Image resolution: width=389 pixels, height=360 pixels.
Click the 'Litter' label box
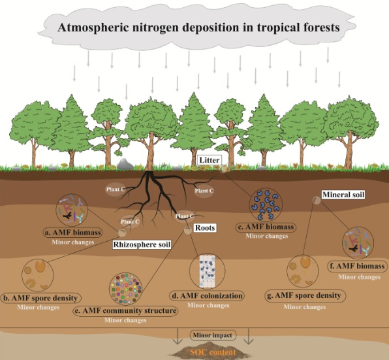click(x=209, y=160)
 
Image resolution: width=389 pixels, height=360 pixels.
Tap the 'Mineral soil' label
click(x=343, y=195)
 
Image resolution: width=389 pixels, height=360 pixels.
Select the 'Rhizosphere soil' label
click(x=142, y=244)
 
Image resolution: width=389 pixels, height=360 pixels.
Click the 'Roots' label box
click(x=205, y=227)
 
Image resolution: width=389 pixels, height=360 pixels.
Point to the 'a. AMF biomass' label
click(x=72, y=233)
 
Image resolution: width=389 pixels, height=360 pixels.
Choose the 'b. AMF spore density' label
click(x=41, y=298)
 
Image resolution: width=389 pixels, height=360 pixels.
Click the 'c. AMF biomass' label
click(x=266, y=227)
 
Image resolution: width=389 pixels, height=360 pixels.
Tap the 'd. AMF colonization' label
click(x=208, y=296)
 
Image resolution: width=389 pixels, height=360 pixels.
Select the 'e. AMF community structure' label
click(x=125, y=310)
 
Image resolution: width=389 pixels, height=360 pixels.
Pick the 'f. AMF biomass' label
click(x=358, y=266)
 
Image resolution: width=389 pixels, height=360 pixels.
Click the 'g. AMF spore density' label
click(x=305, y=295)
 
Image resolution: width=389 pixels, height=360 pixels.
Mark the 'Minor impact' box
click(x=213, y=335)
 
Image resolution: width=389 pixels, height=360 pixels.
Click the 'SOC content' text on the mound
click(x=213, y=352)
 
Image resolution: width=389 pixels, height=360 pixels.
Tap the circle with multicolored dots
click(x=126, y=289)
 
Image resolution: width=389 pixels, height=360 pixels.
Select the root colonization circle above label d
click(x=208, y=271)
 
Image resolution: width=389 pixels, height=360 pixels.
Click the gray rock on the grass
click(x=125, y=165)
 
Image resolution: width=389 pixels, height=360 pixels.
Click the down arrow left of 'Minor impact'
click(x=178, y=336)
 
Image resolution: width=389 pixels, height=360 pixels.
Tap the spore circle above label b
click(x=37, y=275)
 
